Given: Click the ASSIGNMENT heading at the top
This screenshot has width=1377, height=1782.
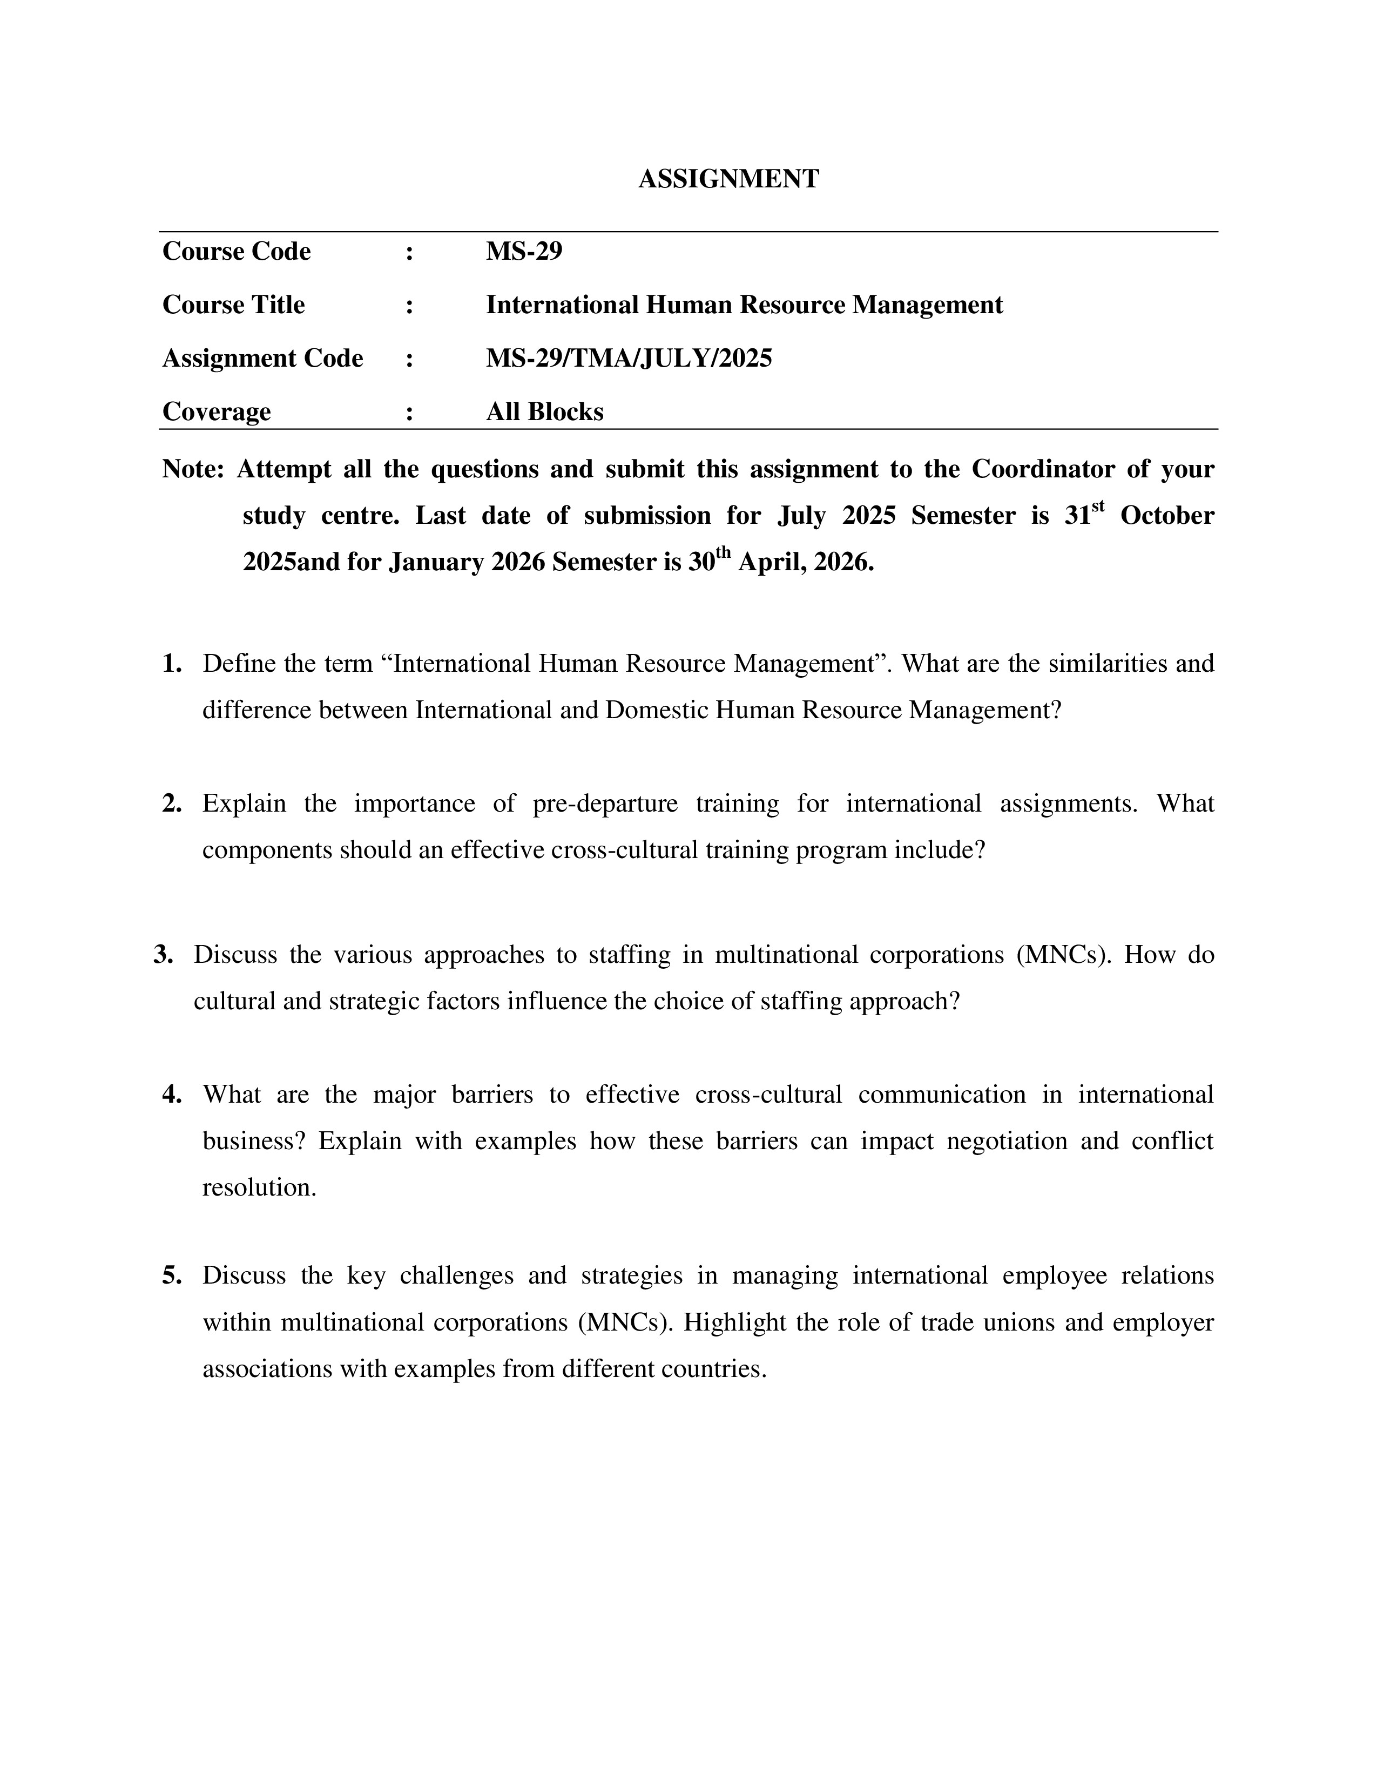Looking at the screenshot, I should pos(728,179).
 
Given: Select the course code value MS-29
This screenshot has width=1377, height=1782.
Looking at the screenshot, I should pos(524,251).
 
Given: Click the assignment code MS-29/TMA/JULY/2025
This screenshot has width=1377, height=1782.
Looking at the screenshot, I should pos(628,358).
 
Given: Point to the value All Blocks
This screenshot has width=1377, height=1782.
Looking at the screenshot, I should pos(544,411).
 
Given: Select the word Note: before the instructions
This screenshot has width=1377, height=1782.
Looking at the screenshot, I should pos(193,469).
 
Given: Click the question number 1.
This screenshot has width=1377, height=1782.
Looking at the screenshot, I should pos(171,663).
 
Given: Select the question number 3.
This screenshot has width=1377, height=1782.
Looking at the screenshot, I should pos(163,955).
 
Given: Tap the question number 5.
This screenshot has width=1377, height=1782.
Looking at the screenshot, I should pos(171,1275).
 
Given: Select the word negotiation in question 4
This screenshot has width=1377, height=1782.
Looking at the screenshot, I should pos(1007,1140).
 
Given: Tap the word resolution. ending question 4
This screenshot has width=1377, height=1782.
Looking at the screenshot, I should pos(259,1187).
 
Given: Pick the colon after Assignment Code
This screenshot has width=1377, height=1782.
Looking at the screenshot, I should pos(409,358).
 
